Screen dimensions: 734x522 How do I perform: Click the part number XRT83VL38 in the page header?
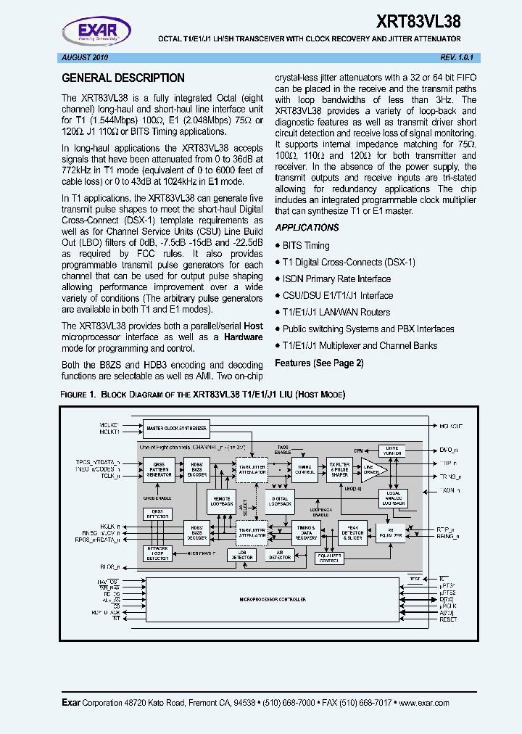click(418, 21)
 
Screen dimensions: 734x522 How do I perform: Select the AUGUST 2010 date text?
click(84, 57)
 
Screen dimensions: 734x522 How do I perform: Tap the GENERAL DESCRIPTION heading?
click(123, 78)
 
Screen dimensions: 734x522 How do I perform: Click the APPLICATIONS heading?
click(307, 228)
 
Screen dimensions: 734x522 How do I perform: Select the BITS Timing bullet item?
click(305, 246)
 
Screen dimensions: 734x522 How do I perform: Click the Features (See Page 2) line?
click(319, 363)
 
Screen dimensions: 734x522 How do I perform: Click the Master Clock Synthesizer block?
click(176, 429)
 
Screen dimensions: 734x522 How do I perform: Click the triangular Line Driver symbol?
click(373, 470)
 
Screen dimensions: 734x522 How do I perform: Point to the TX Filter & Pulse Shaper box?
click(339, 469)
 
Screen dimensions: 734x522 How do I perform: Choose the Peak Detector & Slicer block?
click(352, 532)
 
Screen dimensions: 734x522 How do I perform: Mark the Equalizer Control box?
click(330, 558)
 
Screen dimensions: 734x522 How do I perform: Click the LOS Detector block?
click(241, 556)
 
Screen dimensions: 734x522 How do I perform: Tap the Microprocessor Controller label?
click(273, 600)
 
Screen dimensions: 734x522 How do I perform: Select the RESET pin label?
click(448, 619)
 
